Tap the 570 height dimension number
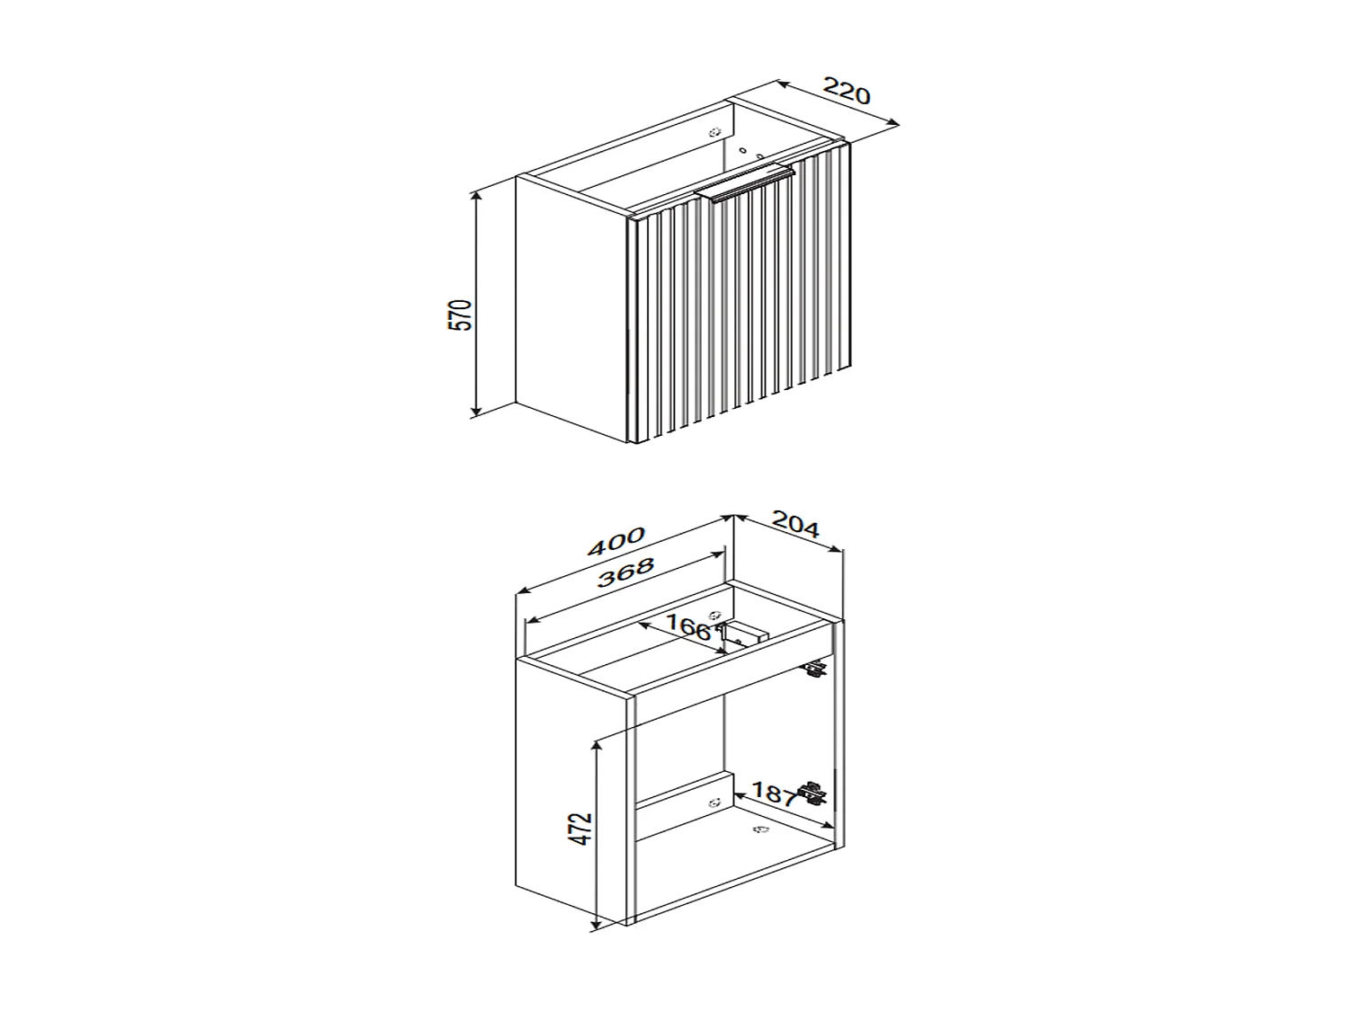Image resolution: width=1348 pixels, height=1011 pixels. (x=460, y=315)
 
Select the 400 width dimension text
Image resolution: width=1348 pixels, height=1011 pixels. (x=616, y=541)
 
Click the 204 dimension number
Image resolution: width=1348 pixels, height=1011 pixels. (x=795, y=525)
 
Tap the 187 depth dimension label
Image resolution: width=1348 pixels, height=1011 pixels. (x=773, y=793)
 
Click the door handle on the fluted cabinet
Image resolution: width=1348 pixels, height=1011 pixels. (x=744, y=185)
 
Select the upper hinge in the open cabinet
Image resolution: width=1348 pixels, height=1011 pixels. (x=815, y=670)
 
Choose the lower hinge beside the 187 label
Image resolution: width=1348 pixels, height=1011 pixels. (x=812, y=793)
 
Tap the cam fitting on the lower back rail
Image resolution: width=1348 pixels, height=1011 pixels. (x=714, y=803)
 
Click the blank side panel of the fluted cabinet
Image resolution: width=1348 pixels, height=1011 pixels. (x=569, y=306)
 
